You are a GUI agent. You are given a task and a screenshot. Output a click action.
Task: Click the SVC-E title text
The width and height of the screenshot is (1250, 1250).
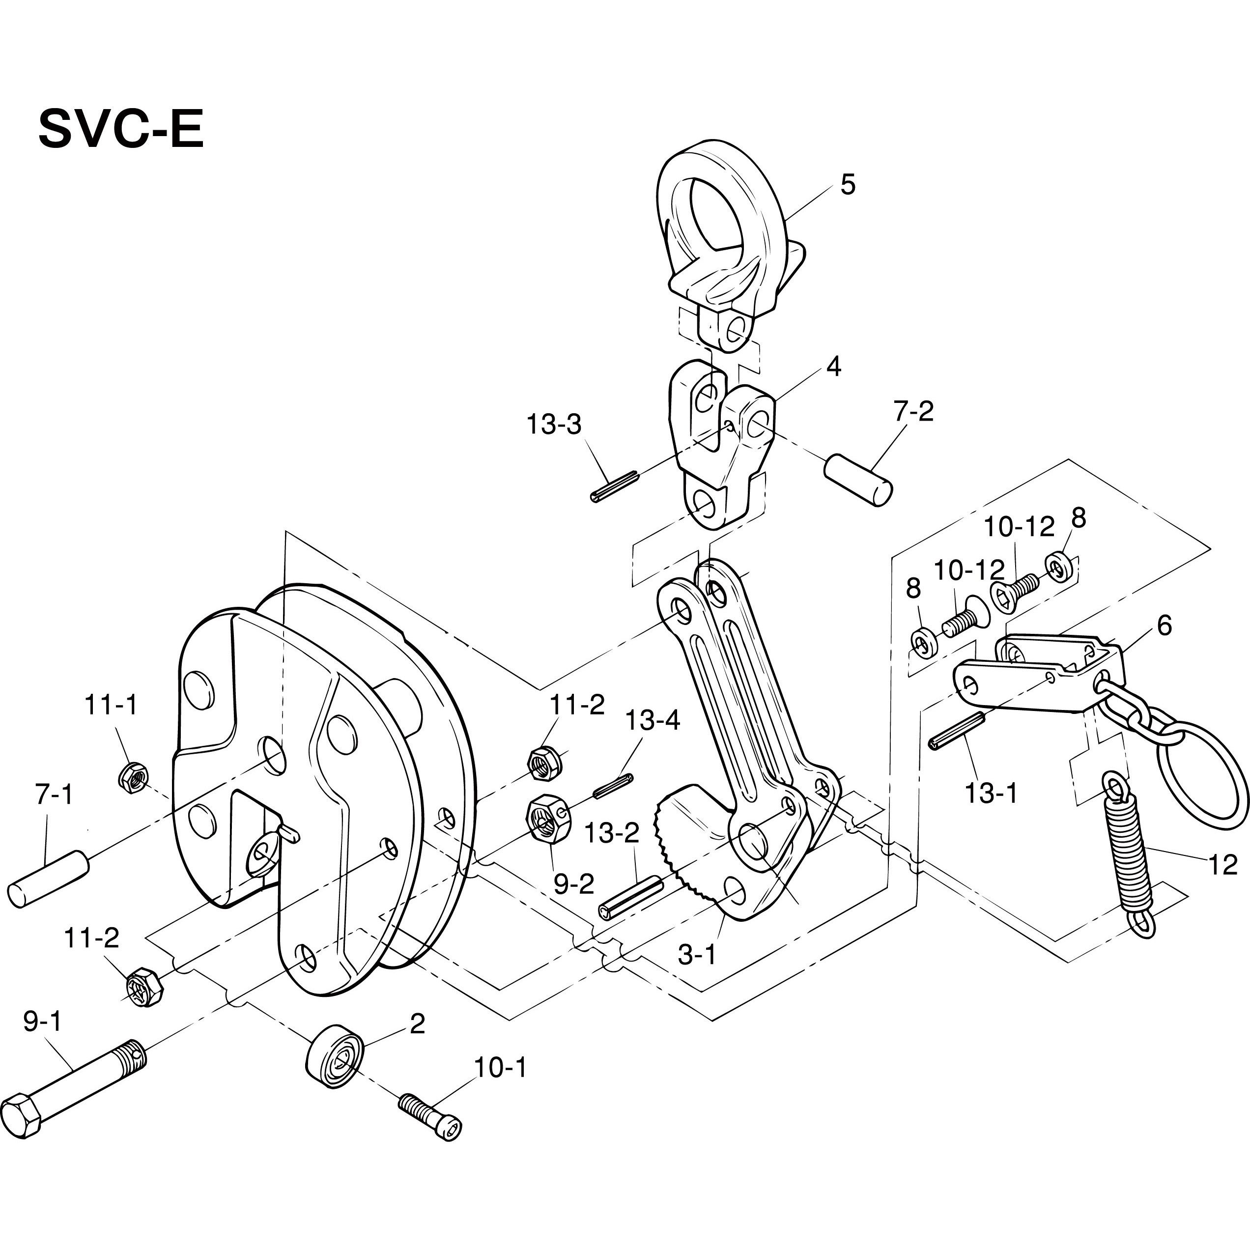coord(121,129)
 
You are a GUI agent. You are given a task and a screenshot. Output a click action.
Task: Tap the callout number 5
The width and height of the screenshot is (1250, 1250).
coord(848,185)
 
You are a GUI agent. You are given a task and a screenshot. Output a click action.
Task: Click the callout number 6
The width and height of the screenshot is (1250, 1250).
coord(1165,625)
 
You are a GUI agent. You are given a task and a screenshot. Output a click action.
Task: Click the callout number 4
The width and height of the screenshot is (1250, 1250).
coord(834,367)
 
